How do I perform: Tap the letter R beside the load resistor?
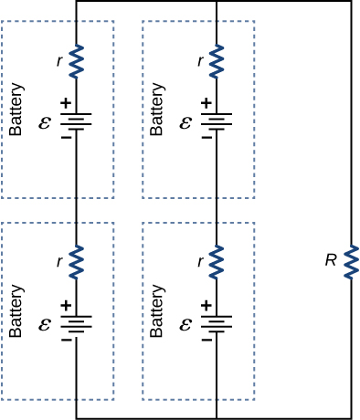coord(331,260)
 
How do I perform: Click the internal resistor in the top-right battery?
coord(217,61)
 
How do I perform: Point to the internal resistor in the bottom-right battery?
coord(217,262)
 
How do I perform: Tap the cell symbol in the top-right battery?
coord(217,121)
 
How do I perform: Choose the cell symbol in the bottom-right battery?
coord(217,324)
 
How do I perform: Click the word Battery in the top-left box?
coord(16,110)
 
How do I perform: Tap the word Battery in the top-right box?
coord(157,110)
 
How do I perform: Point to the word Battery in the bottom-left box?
coord(16,311)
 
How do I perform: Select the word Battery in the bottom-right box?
coord(157,311)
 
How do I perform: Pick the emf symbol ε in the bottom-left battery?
coord(45,324)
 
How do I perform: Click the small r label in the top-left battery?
coord(59,61)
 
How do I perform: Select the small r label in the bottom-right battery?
coord(200,262)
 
